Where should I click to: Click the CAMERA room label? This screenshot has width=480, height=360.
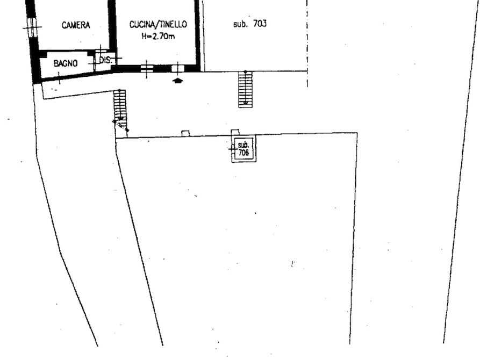(x=76, y=25)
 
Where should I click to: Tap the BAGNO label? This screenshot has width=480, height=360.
(x=66, y=63)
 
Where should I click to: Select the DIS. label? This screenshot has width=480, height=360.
(x=105, y=60)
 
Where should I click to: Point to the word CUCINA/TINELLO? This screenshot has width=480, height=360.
(x=158, y=25)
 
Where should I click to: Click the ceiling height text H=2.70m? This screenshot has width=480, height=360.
(x=158, y=36)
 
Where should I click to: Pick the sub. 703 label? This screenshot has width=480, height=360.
(x=250, y=24)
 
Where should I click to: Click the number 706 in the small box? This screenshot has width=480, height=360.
(x=243, y=152)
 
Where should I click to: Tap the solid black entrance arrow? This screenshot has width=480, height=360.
(x=177, y=81)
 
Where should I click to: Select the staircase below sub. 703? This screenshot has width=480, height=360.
(x=246, y=89)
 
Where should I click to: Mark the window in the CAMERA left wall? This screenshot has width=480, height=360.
(x=32, y=27)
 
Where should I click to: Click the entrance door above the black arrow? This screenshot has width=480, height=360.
(x=177, y=68)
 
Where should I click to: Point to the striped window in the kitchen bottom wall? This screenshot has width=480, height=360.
(x=147, y=68)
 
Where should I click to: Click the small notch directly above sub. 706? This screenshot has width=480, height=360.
(x=235, y=133)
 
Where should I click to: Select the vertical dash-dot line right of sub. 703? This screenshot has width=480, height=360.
(x=307, y=44)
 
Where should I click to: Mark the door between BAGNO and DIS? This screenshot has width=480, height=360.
(x=94, y=63)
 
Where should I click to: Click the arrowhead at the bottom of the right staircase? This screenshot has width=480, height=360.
(x=246, y=103)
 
